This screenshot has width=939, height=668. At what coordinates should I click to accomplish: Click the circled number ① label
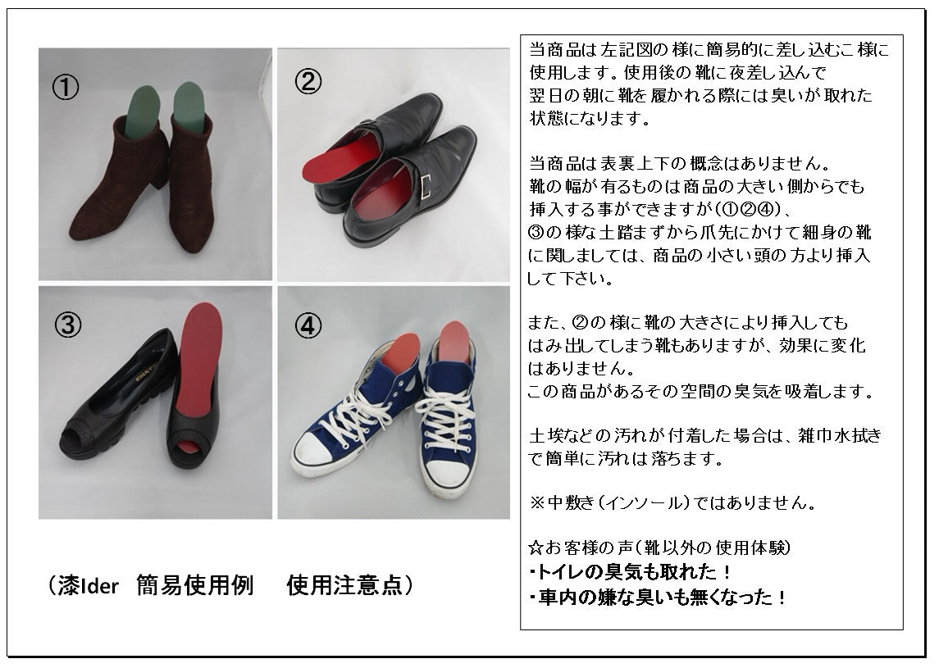[x=66, y=88]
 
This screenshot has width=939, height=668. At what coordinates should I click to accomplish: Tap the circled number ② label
[x=308, y=81]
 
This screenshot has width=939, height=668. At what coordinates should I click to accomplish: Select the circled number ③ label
[x=68, y=325]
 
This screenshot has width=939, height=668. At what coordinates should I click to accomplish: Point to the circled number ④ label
[x=308, y=326]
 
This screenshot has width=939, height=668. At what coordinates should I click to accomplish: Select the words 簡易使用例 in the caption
[x=194, y=586]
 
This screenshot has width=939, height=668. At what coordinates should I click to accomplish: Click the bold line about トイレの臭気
[x=629, y=572]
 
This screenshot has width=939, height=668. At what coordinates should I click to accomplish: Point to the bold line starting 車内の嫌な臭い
[x=657, y=598]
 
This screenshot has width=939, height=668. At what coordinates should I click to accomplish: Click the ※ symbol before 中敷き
[x=536, y=502]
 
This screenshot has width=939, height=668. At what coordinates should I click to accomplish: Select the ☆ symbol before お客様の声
[x=536, y=547]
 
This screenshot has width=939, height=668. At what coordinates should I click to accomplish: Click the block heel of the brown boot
[x=159, y=174]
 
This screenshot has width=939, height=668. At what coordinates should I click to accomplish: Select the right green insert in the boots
[x=189, y=107]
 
